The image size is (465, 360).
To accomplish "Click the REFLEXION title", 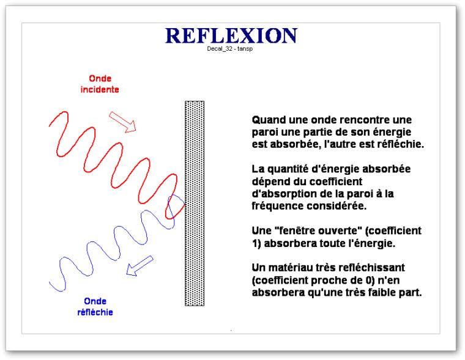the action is point(231,35).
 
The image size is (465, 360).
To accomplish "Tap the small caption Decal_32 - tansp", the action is point(230,49).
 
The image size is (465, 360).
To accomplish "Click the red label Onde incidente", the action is point(100,84).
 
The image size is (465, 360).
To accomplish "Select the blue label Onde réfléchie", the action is point(95,307).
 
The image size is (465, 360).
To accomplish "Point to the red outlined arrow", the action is point(122,122).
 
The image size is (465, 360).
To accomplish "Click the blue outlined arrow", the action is point(139,266).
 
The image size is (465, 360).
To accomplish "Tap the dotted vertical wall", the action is point(195,204).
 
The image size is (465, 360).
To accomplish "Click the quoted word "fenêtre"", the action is point(298,231).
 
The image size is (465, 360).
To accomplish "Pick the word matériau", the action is point(287,268).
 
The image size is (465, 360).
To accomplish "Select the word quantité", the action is point(284,169).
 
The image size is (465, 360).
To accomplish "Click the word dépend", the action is point(266,182).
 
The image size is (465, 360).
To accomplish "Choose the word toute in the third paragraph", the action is point(332,243).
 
